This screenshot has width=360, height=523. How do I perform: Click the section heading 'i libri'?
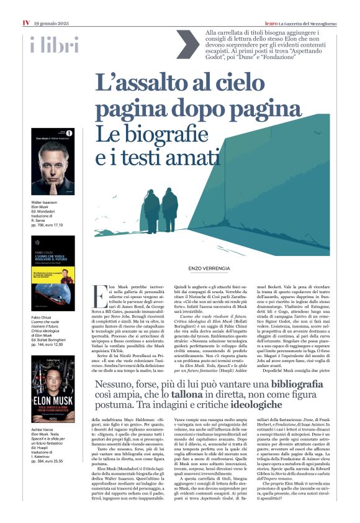point(54,45)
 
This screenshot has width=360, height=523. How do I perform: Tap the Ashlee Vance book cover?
point(53,389)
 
